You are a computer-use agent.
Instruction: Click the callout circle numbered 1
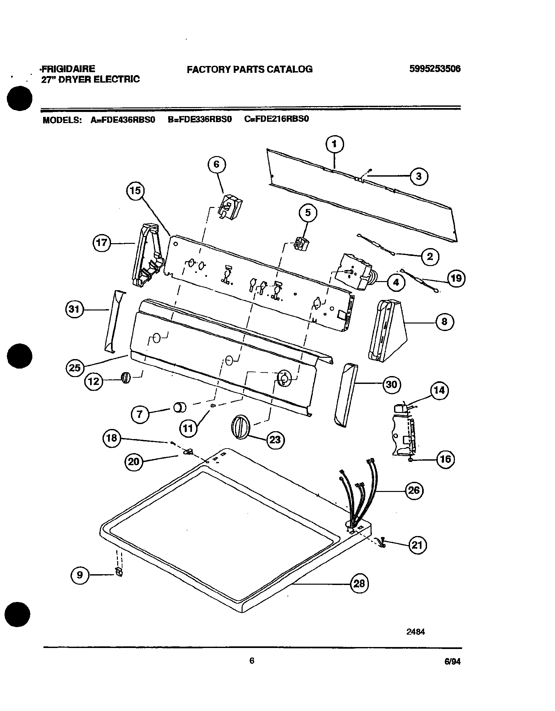click(335, 144)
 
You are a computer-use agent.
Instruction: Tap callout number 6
click(217, 165)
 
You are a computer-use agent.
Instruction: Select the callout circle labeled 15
click(135, 190)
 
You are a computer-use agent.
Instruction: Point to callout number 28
click(359, 583)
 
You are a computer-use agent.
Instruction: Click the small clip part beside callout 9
click(119, 572)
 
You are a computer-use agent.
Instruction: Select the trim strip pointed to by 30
click(345, 395)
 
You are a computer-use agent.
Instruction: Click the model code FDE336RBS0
click(199, 119)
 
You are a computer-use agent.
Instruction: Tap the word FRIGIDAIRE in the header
click(68, 69)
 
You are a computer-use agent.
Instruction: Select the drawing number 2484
click(415, 632)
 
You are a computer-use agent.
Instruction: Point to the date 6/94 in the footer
click(452, 661)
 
